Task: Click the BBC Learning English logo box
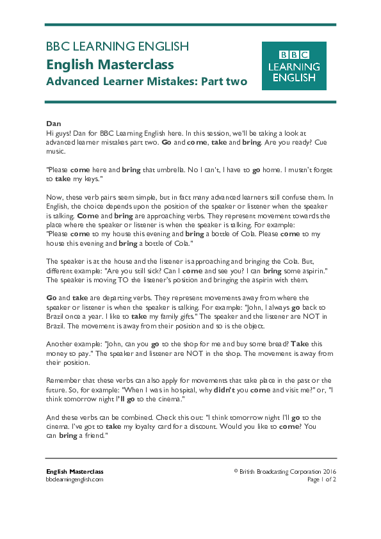[294, 66]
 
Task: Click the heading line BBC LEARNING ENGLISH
[117, 46]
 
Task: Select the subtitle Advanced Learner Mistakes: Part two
[146, 82]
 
